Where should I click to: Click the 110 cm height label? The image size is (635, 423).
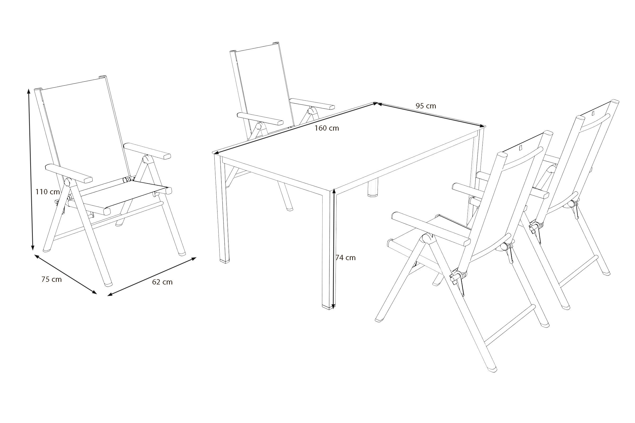48,192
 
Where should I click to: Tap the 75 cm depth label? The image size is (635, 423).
52,279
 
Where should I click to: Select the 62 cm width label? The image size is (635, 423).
162,282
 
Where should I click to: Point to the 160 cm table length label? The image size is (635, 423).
327,128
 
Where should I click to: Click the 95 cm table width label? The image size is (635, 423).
426,106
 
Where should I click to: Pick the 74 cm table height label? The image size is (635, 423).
346,258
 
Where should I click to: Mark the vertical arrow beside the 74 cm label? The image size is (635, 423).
334,249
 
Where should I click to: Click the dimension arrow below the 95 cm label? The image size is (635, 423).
430,114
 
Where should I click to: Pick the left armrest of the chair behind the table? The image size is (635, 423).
260,119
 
